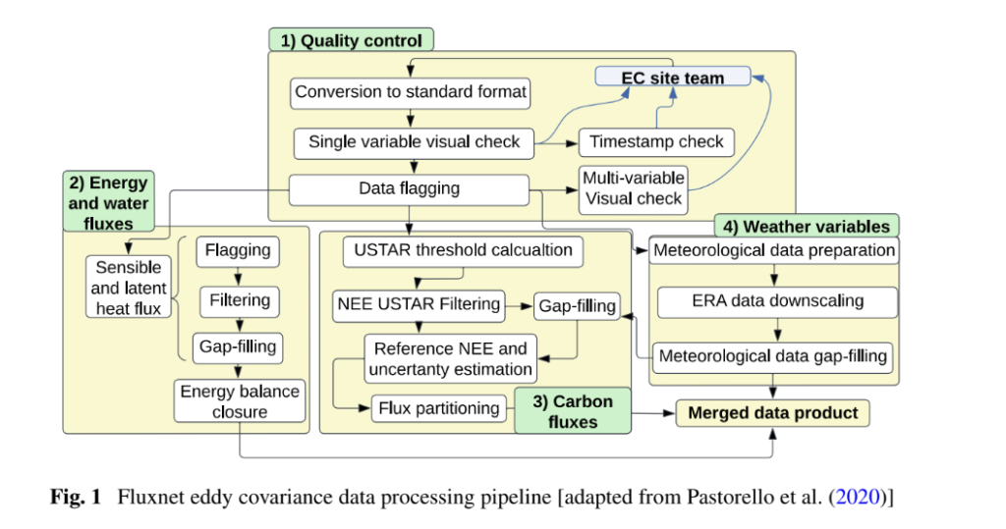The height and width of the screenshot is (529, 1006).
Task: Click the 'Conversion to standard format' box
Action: click(x=411, y=92)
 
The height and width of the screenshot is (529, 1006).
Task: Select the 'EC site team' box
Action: click(x=673, y=78)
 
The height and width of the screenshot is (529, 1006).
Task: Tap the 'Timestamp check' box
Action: click(x=656, y=141)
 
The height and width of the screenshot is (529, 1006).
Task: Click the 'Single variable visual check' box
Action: click(x=414, y=141)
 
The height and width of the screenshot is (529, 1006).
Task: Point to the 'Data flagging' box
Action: click(x=409, y=188)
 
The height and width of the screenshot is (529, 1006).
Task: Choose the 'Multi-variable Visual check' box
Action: click(x=632, y=188)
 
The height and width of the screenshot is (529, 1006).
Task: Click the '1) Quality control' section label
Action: click(x=351, y=40)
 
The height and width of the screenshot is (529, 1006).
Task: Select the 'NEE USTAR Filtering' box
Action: click(x=419, y=304)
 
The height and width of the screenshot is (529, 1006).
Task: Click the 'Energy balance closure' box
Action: click(x=239, y=401)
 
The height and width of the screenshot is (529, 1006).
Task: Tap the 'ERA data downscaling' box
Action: click(x=776, y=302)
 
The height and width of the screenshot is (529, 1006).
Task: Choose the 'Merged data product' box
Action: click(x=772, y=413)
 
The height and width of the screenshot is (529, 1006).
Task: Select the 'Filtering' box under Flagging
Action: click(x=239, y=299)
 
